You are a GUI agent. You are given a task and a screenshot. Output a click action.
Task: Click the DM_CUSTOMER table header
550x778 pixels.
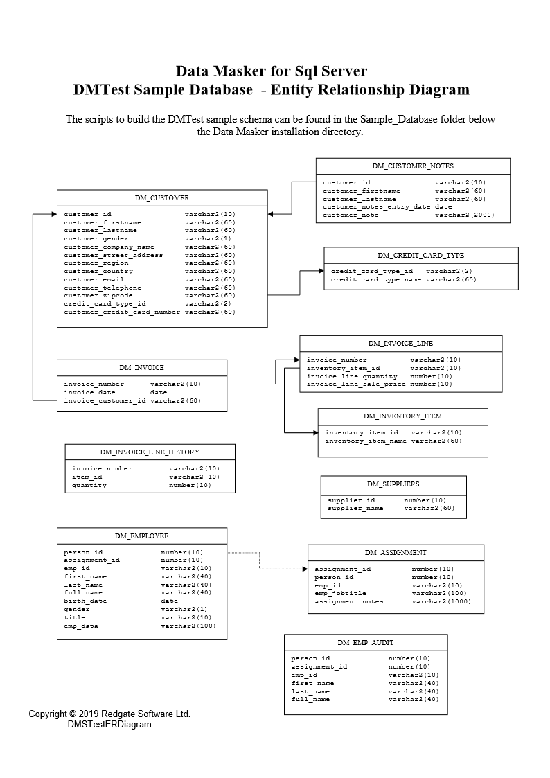tap(161, 198)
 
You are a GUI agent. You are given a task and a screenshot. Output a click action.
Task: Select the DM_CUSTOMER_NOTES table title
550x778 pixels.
tap(413, 166)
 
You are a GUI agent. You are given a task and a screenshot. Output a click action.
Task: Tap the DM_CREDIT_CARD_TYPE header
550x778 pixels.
tap(420, 256)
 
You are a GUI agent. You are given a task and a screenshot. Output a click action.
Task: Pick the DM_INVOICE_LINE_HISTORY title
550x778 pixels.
tap(150, 452)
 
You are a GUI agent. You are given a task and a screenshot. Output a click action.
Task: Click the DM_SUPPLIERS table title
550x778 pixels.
tap(393, 484)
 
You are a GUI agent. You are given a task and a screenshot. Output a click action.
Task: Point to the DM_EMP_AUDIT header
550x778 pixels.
tap(366, 643)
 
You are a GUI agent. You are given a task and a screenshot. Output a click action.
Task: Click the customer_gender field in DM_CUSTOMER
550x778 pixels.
tap(96, 239)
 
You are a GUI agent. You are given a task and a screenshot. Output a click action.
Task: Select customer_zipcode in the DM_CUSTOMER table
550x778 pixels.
tap(98, 296)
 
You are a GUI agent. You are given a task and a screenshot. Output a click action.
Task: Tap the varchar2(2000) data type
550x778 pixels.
tap(464, 215)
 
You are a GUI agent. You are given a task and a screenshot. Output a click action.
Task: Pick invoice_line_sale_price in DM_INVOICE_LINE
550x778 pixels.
tap(356, 384)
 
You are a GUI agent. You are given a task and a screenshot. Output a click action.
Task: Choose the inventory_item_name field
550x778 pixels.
tap(366, 441)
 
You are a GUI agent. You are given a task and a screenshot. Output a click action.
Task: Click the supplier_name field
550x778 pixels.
tap(355, 509)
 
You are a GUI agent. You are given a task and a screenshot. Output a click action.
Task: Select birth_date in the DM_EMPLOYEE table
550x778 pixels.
tap(85, 601)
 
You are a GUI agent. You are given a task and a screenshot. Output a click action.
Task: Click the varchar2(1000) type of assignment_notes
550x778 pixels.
tap(441, 602)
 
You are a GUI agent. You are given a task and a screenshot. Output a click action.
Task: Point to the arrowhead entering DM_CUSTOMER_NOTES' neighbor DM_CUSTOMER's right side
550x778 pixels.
tap(272, 214)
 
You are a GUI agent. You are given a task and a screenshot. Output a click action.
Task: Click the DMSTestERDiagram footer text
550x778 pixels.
tap(109, 725)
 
